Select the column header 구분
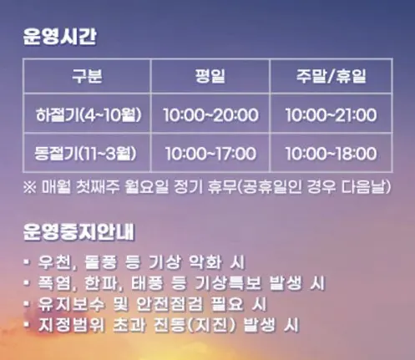[87, 77]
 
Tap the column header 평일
[210, 77]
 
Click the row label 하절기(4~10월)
[87, 114]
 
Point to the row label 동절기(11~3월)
[87, 153]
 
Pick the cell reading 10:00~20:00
[210, 115]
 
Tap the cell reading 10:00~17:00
[210, 154]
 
